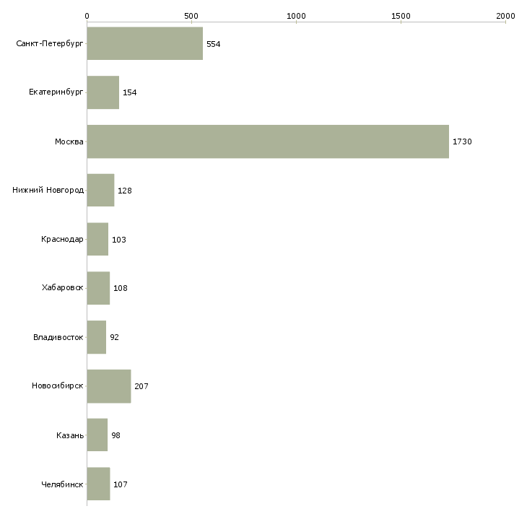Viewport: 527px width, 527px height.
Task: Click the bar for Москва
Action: (268, 141)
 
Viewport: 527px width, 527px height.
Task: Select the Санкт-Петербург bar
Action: (145, 43)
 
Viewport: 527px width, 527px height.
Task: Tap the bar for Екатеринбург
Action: (103, 92)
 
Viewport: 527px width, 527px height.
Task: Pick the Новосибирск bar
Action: (109, 386)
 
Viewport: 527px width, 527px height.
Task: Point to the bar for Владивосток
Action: (97, 337)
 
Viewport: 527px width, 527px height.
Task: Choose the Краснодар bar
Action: (97, 239)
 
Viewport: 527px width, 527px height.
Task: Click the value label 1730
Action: (462, 141)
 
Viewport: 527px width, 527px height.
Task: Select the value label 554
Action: (214, 44)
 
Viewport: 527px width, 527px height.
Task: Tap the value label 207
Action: (141, 386)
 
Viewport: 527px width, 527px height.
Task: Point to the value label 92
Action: (114, 337)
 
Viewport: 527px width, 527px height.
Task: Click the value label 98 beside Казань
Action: (116, 435)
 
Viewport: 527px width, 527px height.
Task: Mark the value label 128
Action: (125, 191)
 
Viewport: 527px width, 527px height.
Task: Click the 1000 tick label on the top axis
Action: (296, 16)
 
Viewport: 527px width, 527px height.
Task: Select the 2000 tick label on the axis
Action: (505, 16)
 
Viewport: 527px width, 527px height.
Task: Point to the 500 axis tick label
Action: (191, 16)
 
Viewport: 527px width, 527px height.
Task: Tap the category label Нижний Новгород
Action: (48, 191)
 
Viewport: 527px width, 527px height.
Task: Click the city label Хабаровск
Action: (63, 288)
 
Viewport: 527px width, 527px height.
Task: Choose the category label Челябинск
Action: (62, 484)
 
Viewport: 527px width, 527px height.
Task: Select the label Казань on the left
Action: (70, 435)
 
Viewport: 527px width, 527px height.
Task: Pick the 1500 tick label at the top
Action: (401, 16)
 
